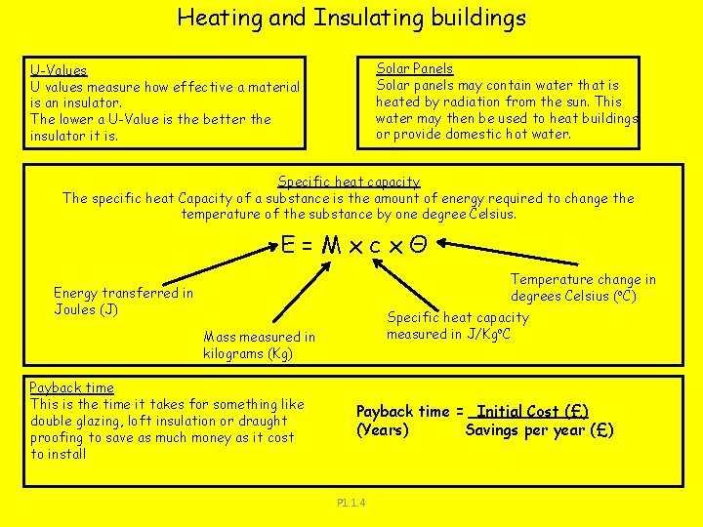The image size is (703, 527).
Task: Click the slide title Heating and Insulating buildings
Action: click(x=351, y=18)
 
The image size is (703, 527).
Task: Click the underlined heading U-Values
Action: click(x=59, y=70)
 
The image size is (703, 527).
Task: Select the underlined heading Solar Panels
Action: click(x=415, y=68)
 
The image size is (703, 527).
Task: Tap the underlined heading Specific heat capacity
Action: click(x=349, y=182)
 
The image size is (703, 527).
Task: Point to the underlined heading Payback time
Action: click(x=71, y=387)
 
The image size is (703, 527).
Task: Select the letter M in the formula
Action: click(x=329, y=246)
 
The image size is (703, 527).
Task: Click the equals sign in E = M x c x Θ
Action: click(x=307, y=246)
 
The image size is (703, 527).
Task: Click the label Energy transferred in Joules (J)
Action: click(x=123, y=301)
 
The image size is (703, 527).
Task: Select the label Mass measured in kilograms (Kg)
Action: click(x=259, y=345)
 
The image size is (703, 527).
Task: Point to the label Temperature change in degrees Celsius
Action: click(x=583, y=288)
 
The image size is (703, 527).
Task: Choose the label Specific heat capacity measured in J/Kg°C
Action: click(x=457, y=325)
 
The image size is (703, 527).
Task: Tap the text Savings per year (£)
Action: click(x=539, y=430)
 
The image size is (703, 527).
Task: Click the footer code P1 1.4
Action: click(x=351, y=503)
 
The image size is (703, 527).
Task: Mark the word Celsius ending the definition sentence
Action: click(x=489, y=214)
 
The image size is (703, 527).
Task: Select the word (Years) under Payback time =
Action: click(x=383, y=430)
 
